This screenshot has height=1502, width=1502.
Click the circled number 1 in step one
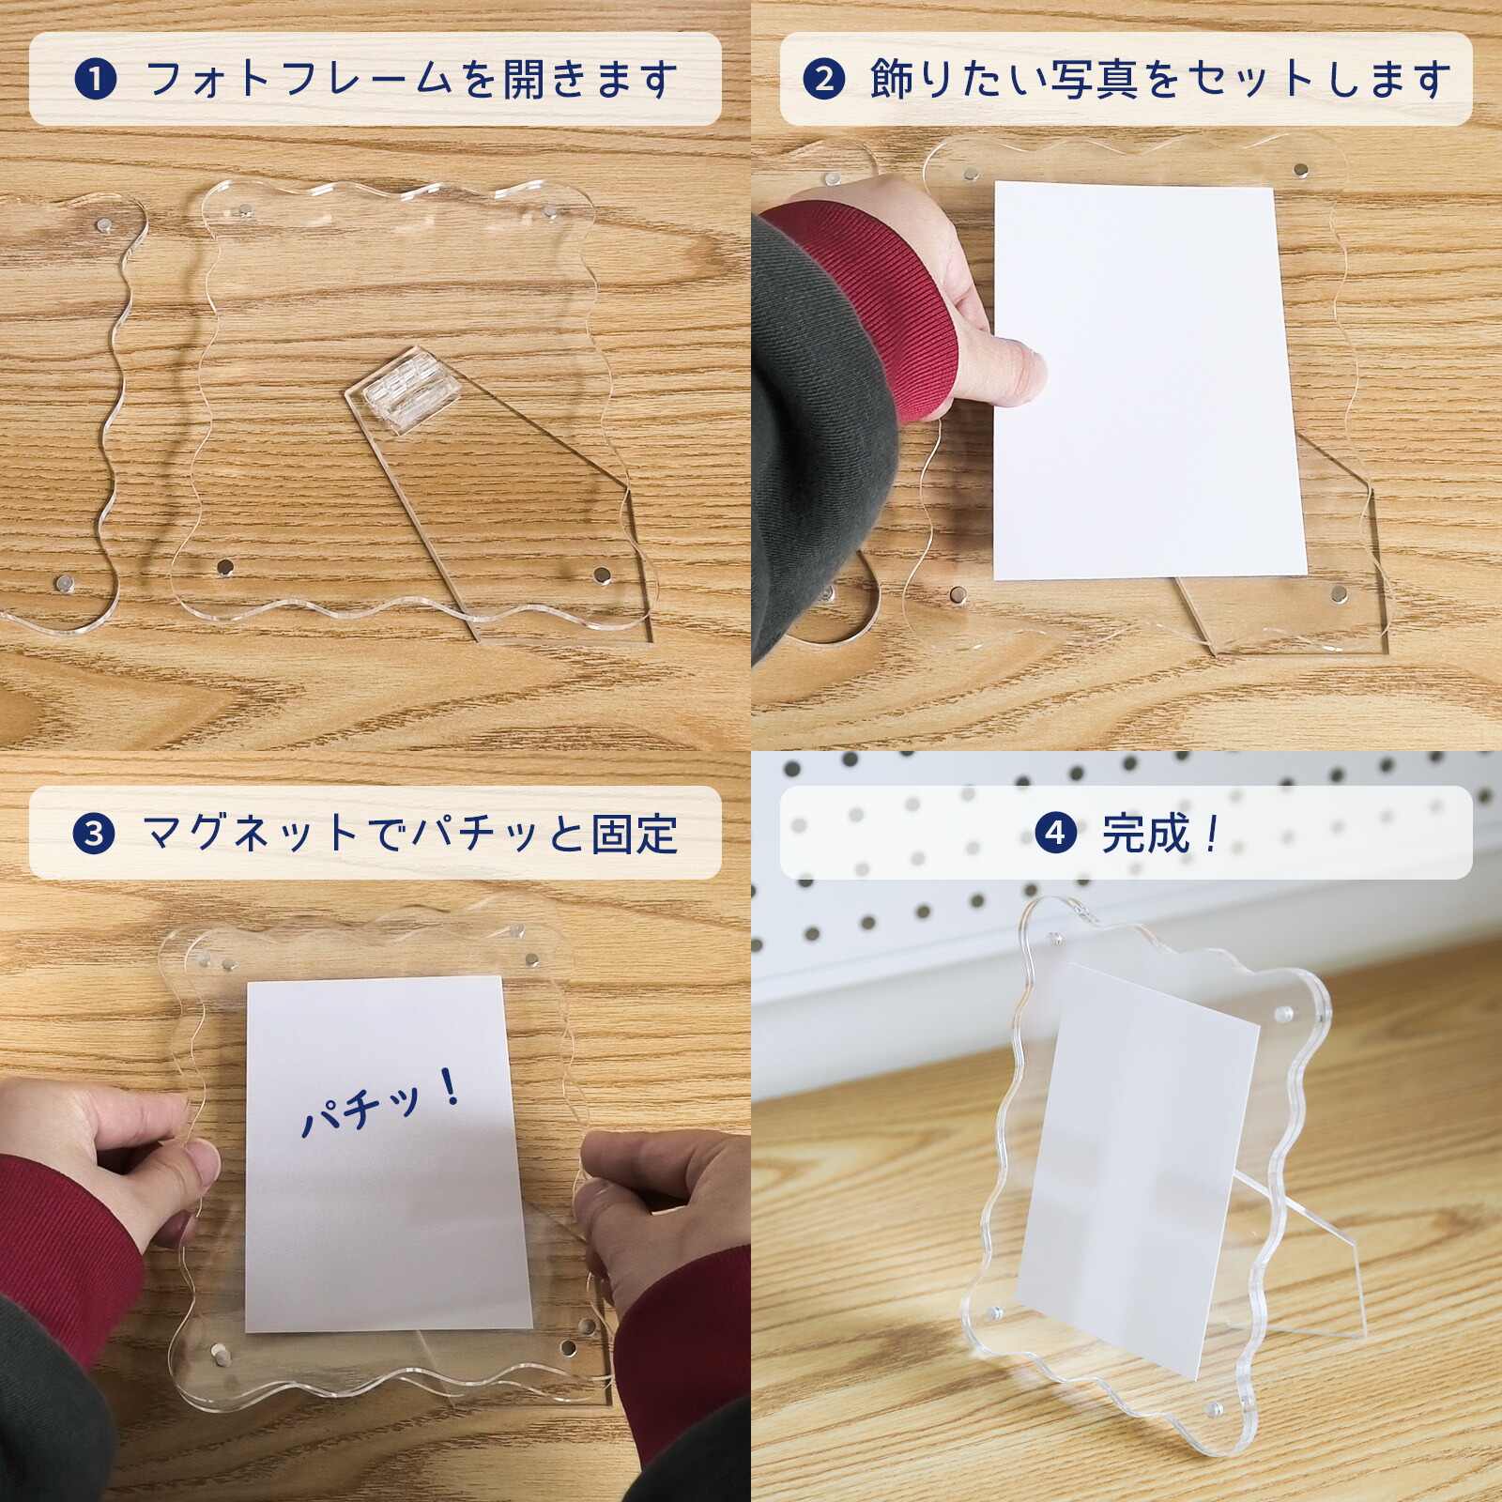pos(95,80)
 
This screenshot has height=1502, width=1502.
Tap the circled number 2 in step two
pos(823,80)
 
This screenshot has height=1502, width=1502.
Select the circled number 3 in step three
pos(94,834)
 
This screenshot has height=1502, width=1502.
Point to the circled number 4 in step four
pos(1055,833)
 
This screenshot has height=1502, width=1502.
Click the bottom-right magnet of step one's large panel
pos(601,574)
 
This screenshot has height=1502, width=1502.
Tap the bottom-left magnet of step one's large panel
pos(225,567)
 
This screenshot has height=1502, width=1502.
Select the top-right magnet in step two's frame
pos(1300,170)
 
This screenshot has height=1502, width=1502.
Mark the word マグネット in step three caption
pos(249,834)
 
